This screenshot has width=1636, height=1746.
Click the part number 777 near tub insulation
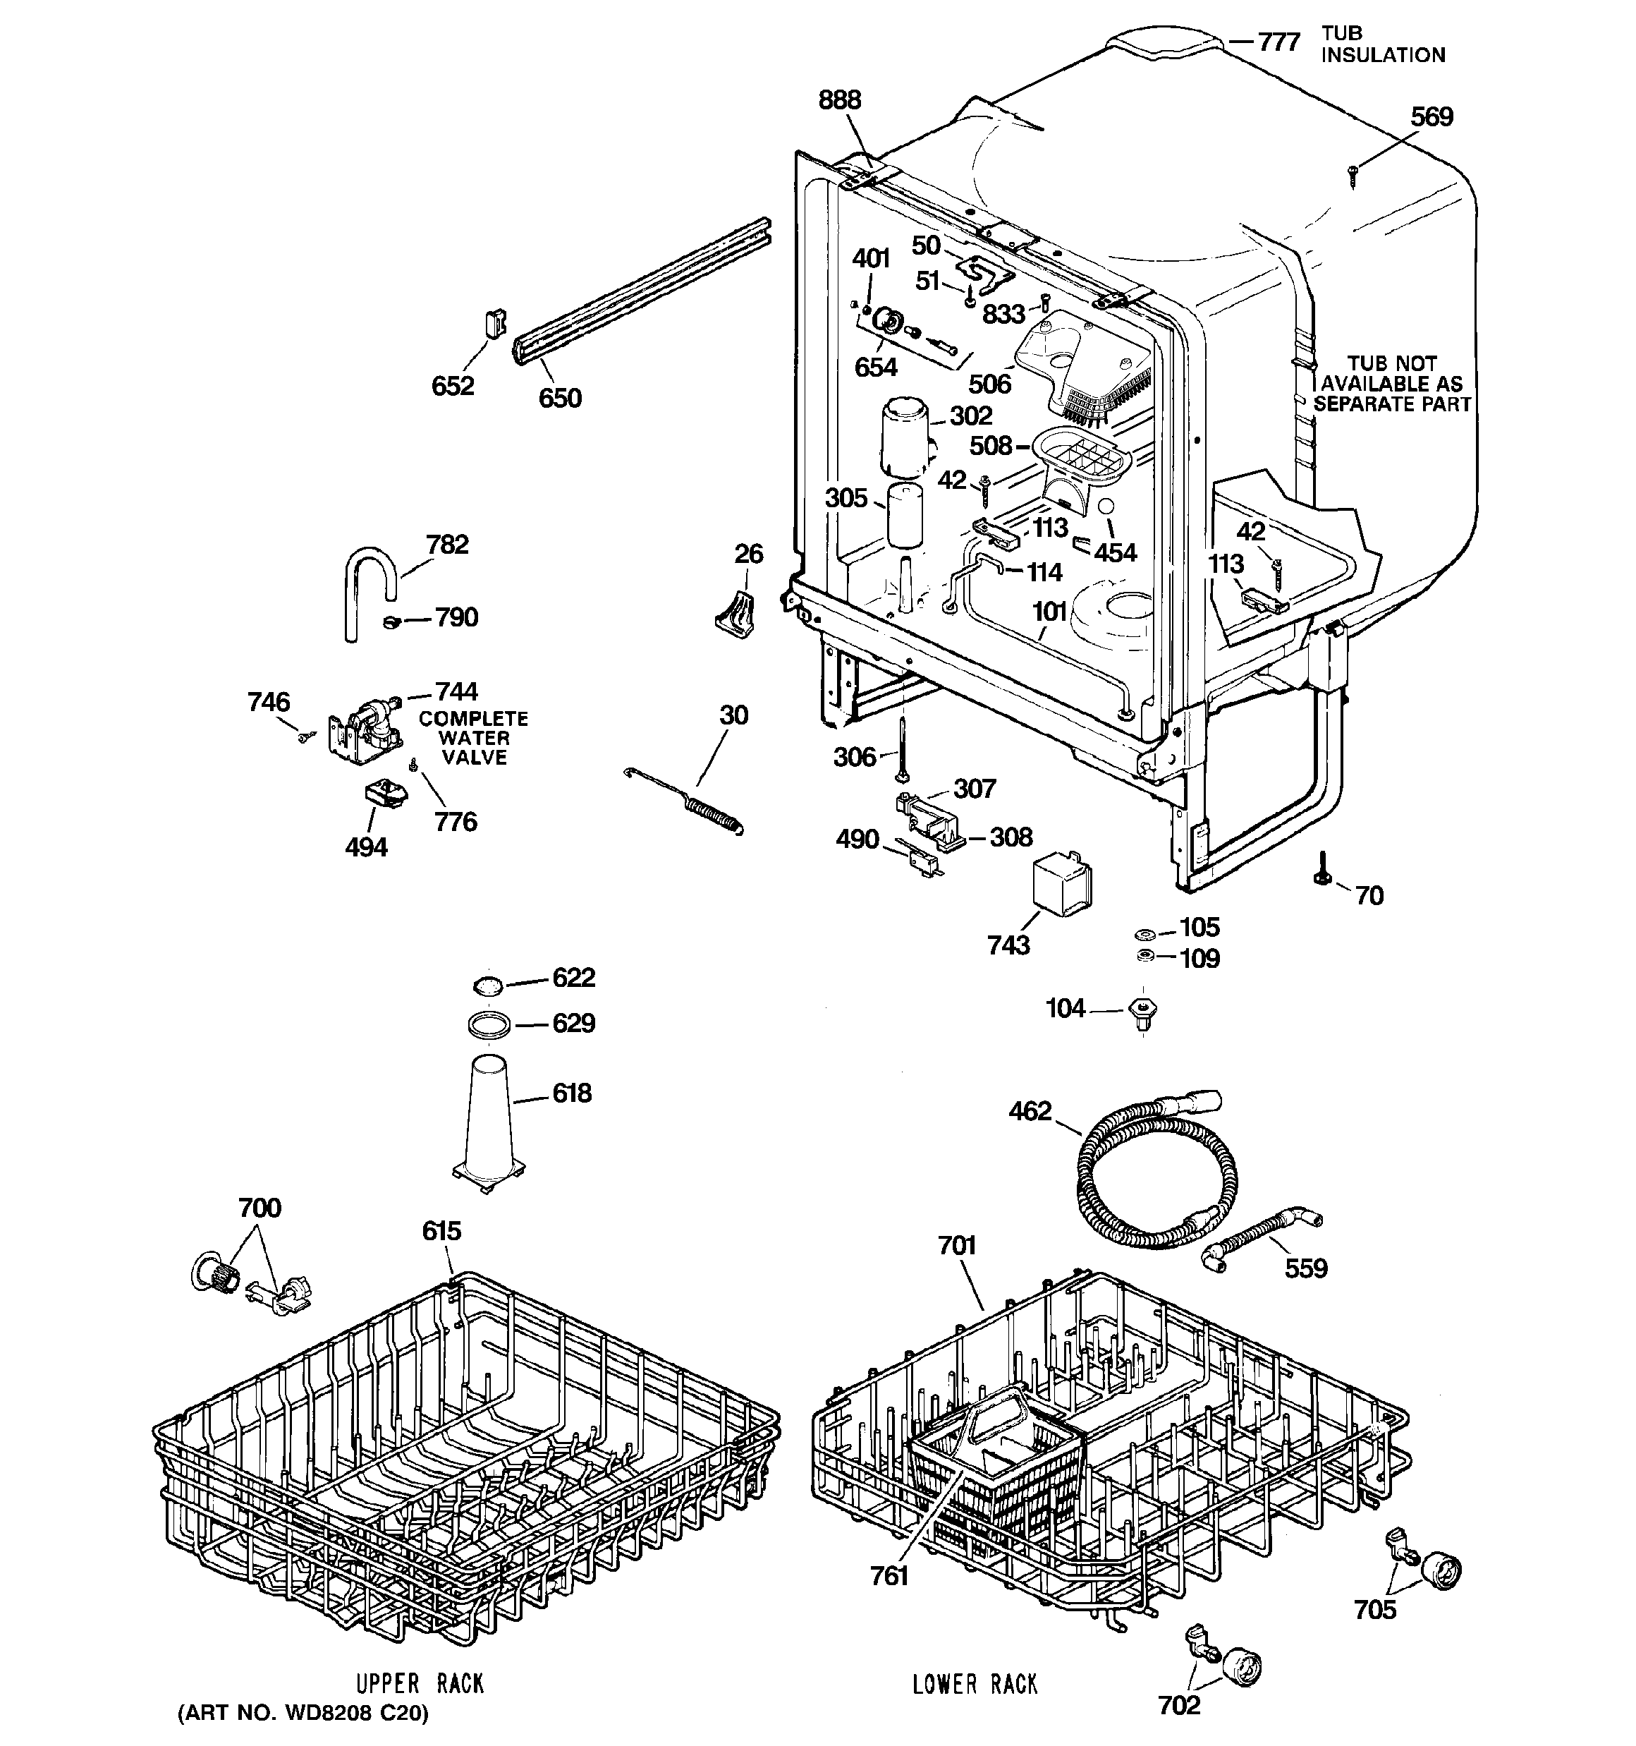[x=1278, y=42]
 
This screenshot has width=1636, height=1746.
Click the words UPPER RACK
[x=419, y=1684]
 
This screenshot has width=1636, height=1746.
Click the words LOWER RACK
[x=975, y=1685]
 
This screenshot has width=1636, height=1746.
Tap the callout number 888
[x=840, y=99]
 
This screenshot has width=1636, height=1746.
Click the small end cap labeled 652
[x=494, y=322]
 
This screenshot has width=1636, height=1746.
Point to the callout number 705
[x=1374, y=1609]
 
